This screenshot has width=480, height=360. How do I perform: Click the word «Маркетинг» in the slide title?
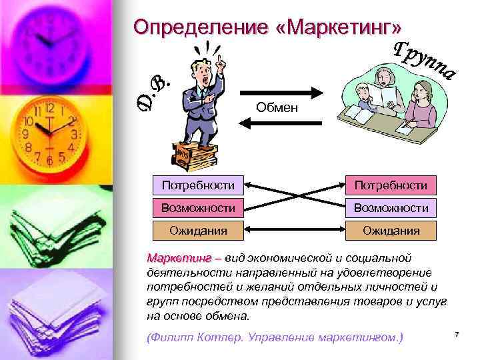[x=340, y=27]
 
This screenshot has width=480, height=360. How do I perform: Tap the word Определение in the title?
[x=200, y=27]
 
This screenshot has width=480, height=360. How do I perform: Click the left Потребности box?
[x=197, y=184]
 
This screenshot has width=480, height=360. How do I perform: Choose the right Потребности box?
[x=391, y=184]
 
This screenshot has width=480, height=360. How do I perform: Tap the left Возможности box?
[x=197, y=207]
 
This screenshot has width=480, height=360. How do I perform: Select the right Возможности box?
[x=391, y=207]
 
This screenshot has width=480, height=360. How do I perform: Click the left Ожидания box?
[x=197, y=231]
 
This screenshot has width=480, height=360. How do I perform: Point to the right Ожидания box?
[x=391, y=231]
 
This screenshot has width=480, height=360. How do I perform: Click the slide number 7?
[x=457, y=333]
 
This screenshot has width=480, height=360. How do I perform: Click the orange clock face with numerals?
[x=48, y=130]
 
